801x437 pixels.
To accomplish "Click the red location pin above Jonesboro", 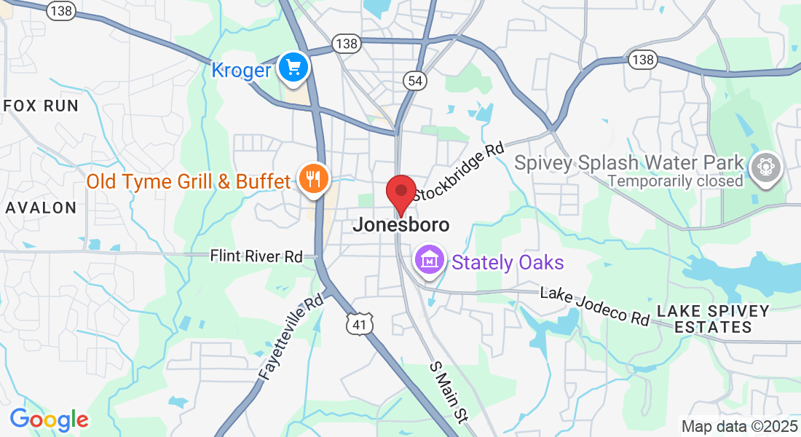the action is tap(400, 194).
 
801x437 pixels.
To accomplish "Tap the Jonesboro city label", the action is tap(400, 225).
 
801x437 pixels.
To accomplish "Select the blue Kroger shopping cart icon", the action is tap(294, 68).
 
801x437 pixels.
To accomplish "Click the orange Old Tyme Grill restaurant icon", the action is tap(314, 179).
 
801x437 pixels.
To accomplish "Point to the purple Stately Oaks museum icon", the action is tap(430, 261).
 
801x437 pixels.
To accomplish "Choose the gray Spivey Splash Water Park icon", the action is tap(765, 166).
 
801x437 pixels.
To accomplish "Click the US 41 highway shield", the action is tap(360, 323).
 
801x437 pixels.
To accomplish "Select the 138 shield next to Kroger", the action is tap(347, 44).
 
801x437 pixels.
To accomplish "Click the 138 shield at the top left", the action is tap(61, 9).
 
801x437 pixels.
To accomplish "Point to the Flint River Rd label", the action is tap(256, 256).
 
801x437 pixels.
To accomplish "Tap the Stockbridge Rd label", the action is tap(459, 172).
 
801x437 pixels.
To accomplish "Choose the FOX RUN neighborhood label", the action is tap(41, 106).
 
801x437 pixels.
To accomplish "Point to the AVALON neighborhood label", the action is tap(41, 208).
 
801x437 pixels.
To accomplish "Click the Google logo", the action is tap(49, 420).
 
